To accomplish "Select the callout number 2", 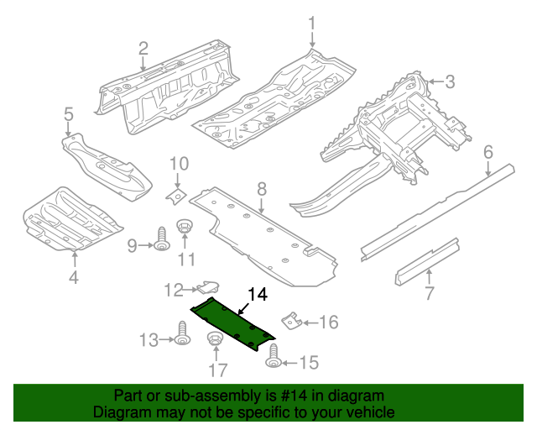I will click(x=143, y=48).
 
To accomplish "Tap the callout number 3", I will click(x=450, y=81).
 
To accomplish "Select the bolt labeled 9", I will click(x=160, y=244).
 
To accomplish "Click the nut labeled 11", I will click(x=185, y=228).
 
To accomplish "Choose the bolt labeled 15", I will click(x=273, y=362).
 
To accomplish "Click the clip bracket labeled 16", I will click(x=289, y=322).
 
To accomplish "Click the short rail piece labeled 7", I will click(x=427, y=260).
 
